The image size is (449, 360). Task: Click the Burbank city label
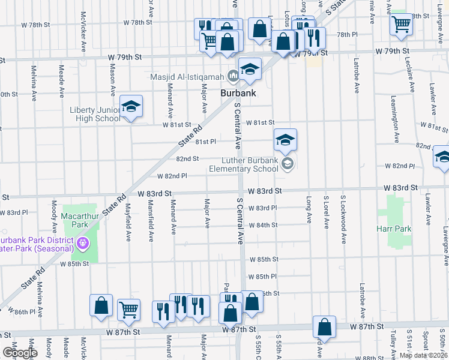click(x=238, y=93)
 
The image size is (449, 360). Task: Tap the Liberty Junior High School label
click(x=95, y=114)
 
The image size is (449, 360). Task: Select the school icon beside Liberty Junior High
click(x=131, y=107)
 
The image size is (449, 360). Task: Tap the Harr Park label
click(x=394, y=229)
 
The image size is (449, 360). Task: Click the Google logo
click(x=20, y=353)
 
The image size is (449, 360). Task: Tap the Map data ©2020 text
click(x=423, y=355)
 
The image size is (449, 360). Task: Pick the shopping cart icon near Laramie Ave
click(x=401, y=25)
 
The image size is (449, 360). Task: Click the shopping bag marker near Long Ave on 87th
click(x=324, y=328)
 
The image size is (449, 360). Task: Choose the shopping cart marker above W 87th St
click(x=128, y=310)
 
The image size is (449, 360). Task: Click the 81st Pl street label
click(x=205, y=142)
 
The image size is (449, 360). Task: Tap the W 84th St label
click(x=264, y=225)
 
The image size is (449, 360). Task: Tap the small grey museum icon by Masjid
click(x=232, y=76)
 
